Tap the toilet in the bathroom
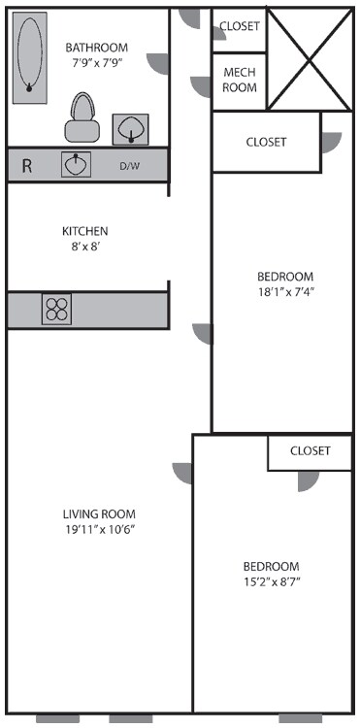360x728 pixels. point(82,117)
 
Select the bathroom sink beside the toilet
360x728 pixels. point(130,126)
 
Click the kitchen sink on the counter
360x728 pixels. point(77,165)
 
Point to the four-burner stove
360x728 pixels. point(56,309)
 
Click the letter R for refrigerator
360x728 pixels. point(27,166)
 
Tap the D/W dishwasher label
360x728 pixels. point(130,166)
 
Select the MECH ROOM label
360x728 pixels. point(240,81)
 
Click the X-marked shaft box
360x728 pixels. point(310,59)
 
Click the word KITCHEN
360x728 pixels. point(85,231)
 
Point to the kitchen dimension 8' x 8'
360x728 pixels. point(85,247)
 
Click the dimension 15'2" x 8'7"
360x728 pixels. point(271,581)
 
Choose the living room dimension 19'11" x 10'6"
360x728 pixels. point(100,530)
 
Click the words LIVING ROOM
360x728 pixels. point(100,514)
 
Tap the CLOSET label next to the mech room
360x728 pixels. point(240,26)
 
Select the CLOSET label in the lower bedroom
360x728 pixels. point(311,451)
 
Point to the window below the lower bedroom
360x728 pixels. point(300,719)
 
